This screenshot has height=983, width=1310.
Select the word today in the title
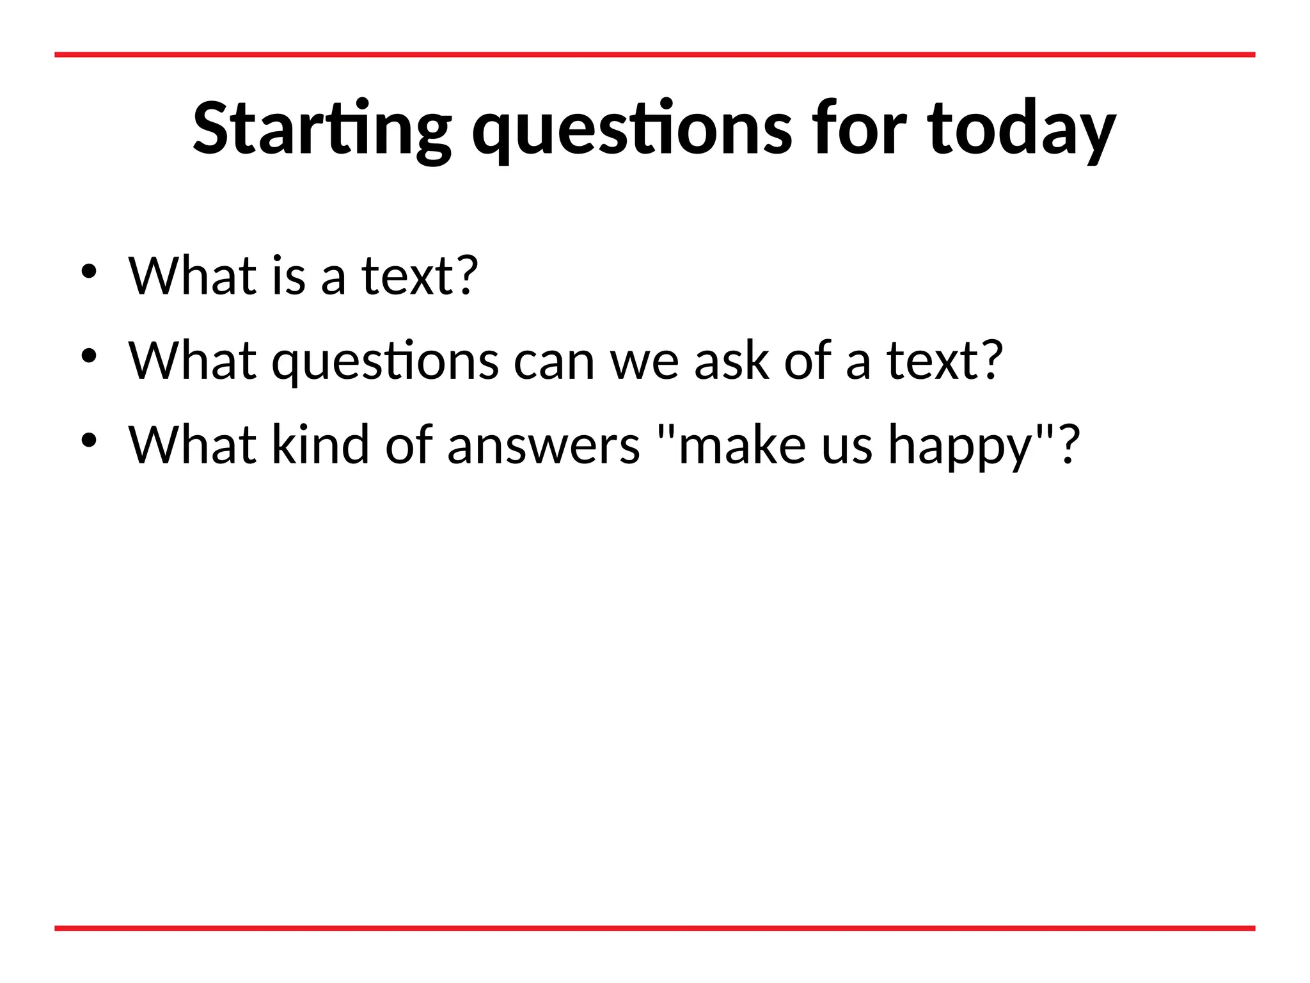pos(1022,129)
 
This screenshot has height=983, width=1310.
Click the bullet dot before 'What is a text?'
pos(89,271)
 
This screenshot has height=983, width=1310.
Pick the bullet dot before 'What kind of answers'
pos(89,440)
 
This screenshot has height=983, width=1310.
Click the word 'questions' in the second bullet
pos(385,361)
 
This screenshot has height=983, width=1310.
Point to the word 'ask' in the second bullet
pos(732,361)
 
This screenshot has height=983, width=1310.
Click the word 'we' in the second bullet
pos(644,362)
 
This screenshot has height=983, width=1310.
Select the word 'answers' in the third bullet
pos(543,445)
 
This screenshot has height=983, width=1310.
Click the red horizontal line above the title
pos(655,55)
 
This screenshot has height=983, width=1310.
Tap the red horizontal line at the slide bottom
pos(655,928)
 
